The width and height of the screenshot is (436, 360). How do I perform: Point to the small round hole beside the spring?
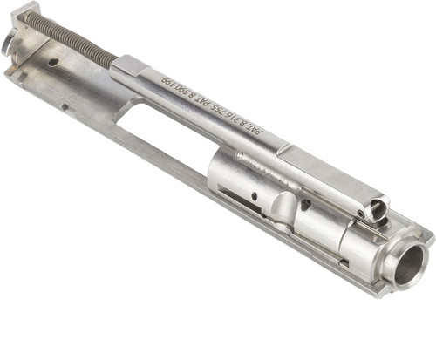click(x=53, y=62)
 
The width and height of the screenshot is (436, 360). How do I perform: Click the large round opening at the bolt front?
click(x=409, y=264)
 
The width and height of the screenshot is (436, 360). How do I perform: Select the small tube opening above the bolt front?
click(x=376, y=210)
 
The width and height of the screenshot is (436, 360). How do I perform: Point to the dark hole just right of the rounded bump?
click(x=306, y=206)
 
